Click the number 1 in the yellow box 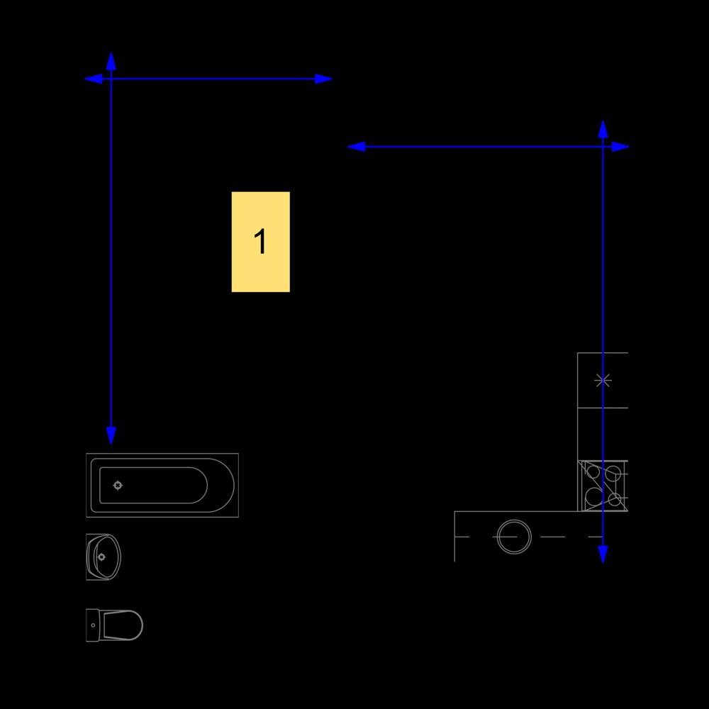click(260, 241)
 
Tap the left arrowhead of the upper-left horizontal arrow click(93, 79)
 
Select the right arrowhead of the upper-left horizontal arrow click(324, 79)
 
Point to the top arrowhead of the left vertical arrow click(111, 61)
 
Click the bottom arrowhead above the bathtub click(111, 435)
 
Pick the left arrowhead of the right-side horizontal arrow click(356, 147)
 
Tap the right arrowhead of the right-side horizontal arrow click(620, 147)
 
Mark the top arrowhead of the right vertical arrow click(603, 129)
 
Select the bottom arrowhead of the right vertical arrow click(603, 554)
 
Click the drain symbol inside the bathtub click(118, 485)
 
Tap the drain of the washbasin click(101, 557)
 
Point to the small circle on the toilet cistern click(93, 625)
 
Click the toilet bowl click(122, 625)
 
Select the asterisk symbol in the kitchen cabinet click(603, 380)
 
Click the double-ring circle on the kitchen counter click(514, 537)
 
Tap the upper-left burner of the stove click(593, 472)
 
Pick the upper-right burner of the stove click(613, 474)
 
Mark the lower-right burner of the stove click(614, 499)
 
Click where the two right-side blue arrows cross click(603, 147)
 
